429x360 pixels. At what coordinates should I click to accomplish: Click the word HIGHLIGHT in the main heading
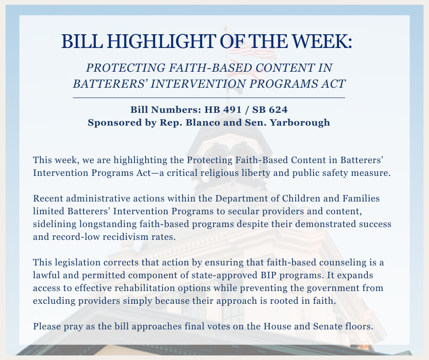click(161, 41)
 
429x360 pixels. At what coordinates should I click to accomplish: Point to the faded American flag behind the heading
click(252, 53)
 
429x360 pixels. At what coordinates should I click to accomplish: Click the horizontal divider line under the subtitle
click(209, 97)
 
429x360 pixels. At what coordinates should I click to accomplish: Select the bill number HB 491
click(223, 110)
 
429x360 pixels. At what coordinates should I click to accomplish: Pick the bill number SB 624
click(270, 110)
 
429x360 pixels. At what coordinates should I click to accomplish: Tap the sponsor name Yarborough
click(300, 123)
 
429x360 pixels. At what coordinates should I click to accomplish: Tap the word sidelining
click(54, 224)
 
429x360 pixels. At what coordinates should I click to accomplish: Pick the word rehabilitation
click(145, 288)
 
